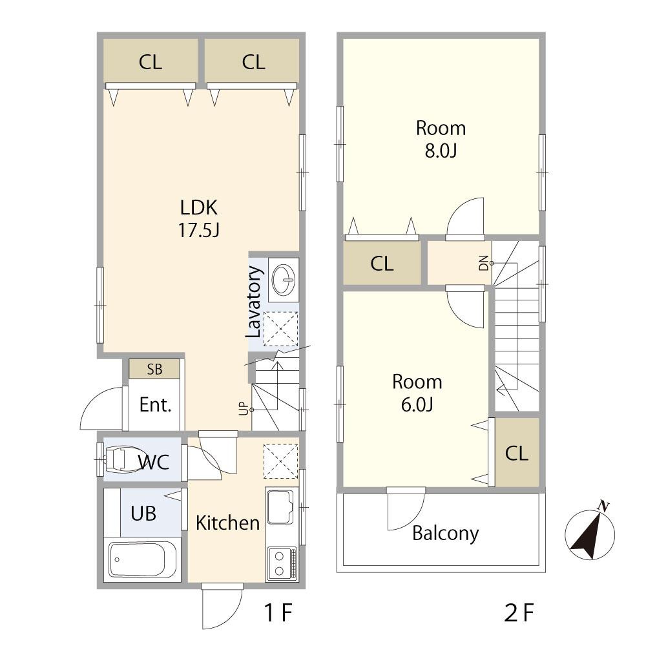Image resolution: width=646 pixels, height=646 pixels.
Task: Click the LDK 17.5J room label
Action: coord(198,219)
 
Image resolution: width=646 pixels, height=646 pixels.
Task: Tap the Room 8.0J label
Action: coord(441,140)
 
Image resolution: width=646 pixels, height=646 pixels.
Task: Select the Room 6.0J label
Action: coord(417,393)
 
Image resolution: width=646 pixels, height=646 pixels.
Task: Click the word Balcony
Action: coord(445,534)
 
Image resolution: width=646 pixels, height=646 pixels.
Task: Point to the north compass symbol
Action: coord(590,534)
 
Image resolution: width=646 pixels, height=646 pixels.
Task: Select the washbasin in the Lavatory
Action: coord(284,279)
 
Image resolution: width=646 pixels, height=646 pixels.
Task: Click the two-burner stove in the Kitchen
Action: coord(282,563)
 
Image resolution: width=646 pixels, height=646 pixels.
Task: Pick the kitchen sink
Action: coord(280,506)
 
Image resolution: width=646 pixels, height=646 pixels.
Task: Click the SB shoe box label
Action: coord(154,369)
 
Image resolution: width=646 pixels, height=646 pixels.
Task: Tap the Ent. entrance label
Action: coord(155,404)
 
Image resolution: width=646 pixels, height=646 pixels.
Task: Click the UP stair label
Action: coord(244,408)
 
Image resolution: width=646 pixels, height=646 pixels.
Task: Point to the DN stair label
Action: coord(484,263)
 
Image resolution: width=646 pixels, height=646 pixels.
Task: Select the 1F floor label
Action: coord(278,612)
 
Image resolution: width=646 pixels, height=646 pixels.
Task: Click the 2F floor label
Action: coord(519,612)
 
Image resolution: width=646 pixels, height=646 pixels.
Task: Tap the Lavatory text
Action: coord(254,302)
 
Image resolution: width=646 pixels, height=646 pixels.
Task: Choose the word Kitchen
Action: coord(228,523)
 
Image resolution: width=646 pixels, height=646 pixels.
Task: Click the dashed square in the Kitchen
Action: coord(280,461)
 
